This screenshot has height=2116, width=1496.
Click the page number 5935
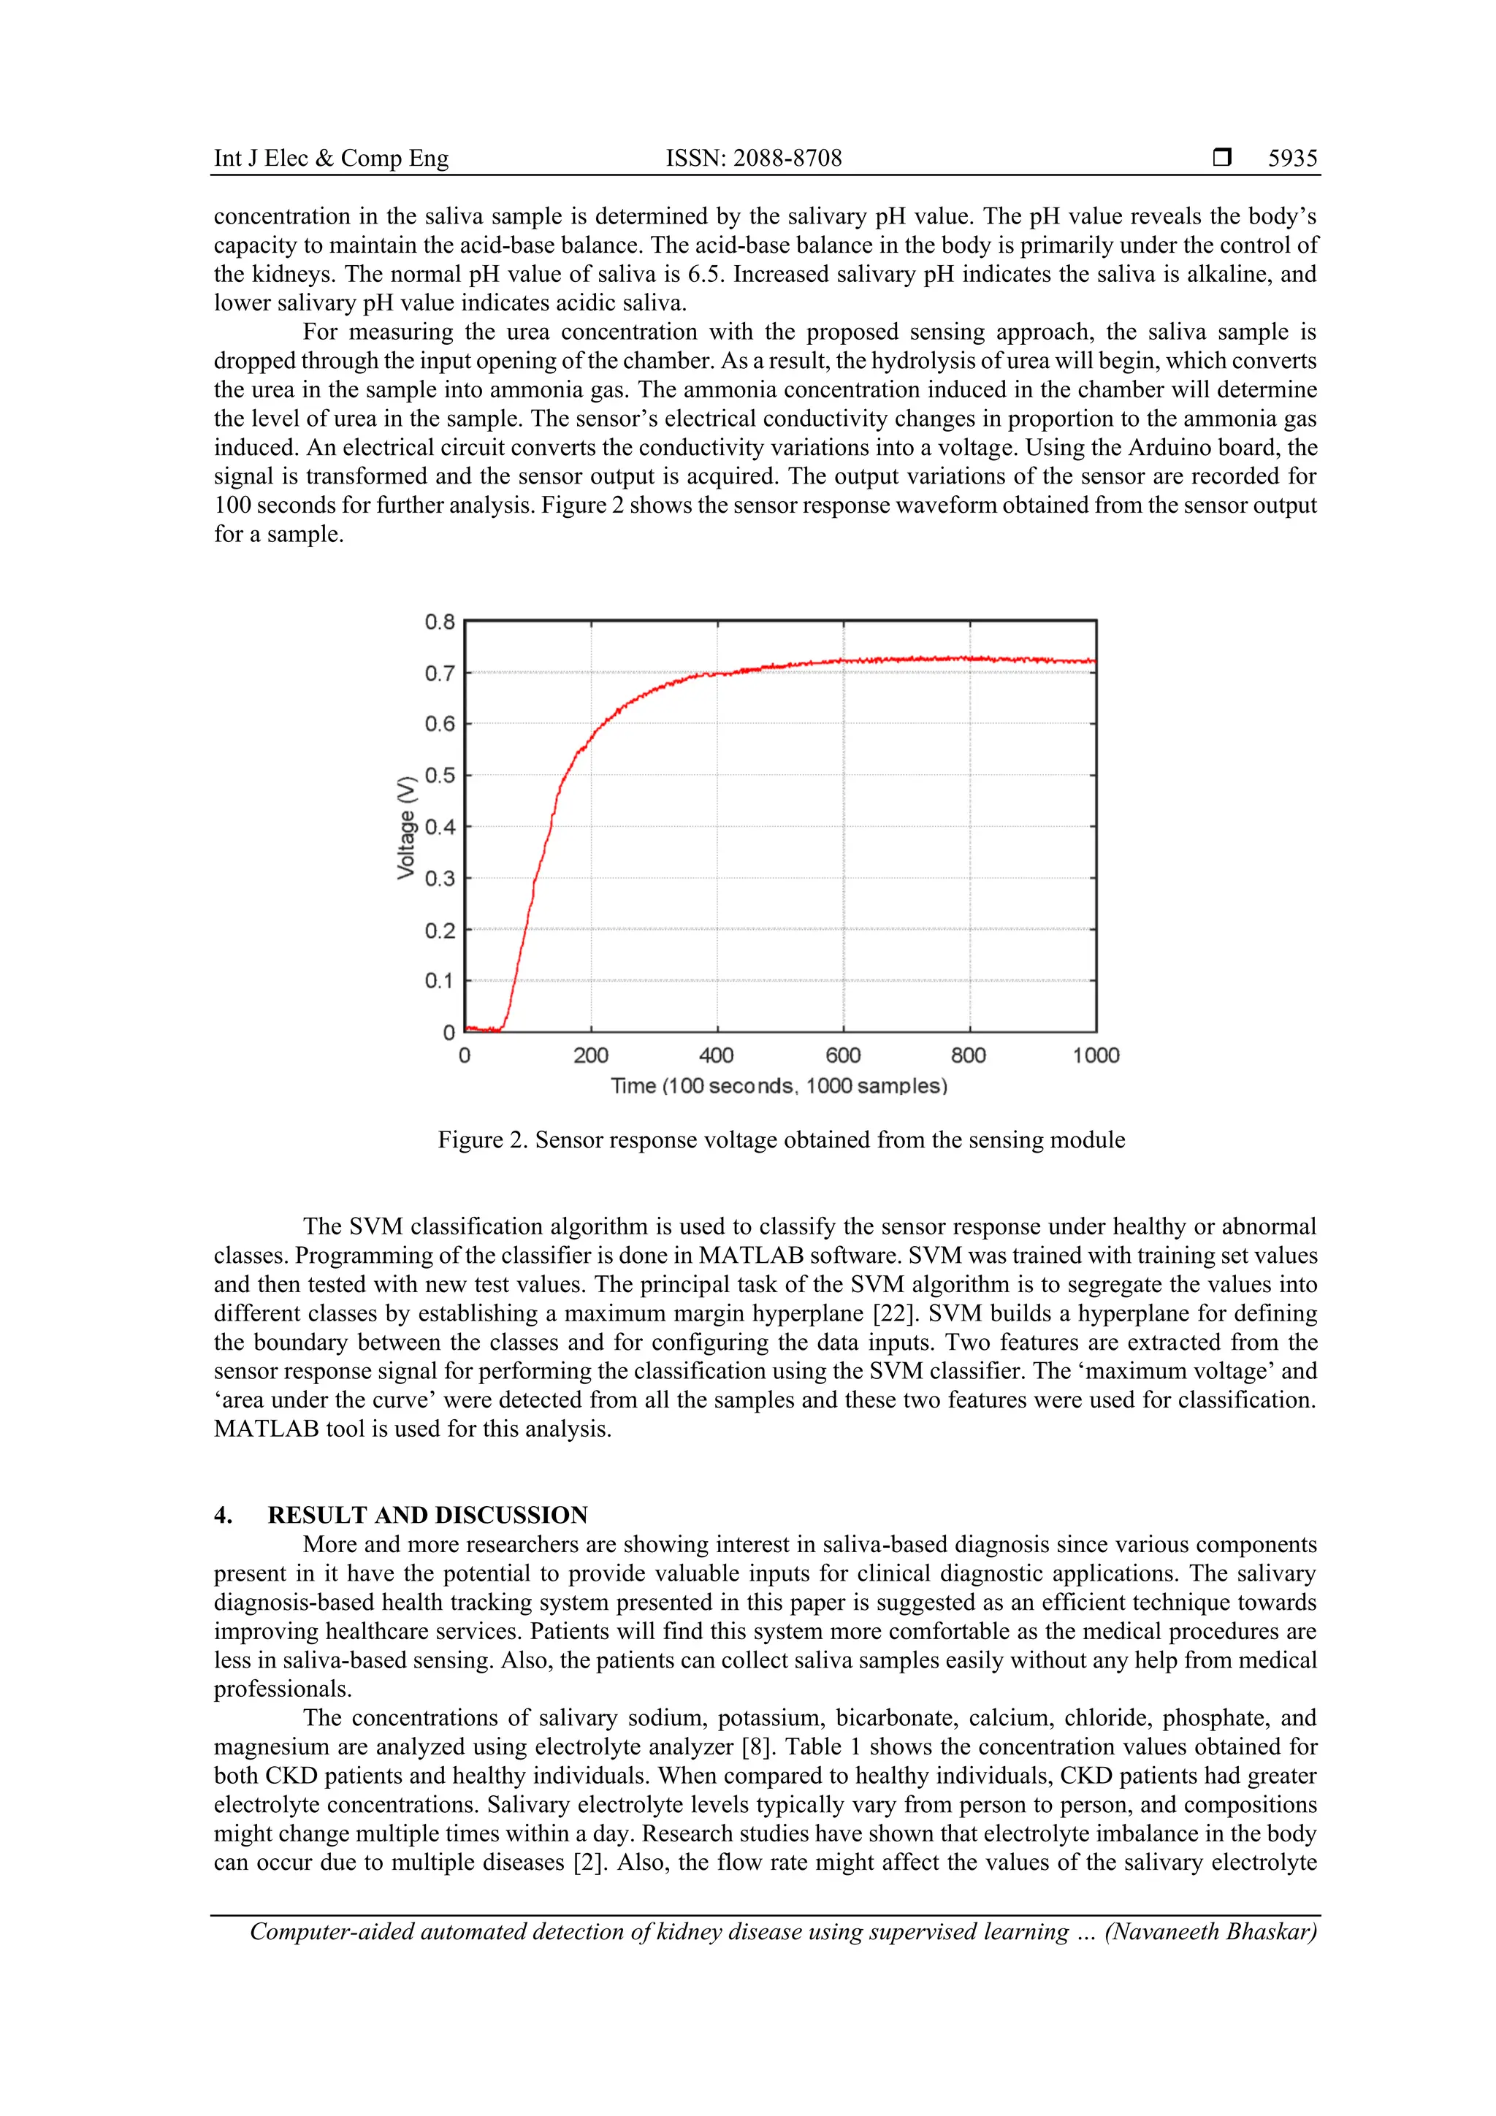coord(1292,158)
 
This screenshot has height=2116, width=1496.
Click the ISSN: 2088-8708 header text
coord(753,158)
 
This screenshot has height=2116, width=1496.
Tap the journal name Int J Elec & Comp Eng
coord(331,158)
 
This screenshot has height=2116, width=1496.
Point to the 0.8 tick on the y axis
coord(440,622)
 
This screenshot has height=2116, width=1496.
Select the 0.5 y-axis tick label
coord(440,775)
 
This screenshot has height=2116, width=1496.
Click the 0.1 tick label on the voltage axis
coord(440,981)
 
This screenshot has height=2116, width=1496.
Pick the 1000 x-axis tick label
coord(1095,1055)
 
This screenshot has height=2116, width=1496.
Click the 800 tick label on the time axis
coord(969,1055)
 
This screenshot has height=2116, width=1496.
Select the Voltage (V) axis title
coord(405,828)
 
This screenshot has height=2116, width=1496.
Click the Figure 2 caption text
coord(781,1140)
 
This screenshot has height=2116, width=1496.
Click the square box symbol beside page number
coord(1222,158)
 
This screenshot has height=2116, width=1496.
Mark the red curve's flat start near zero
coord(482,1029)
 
